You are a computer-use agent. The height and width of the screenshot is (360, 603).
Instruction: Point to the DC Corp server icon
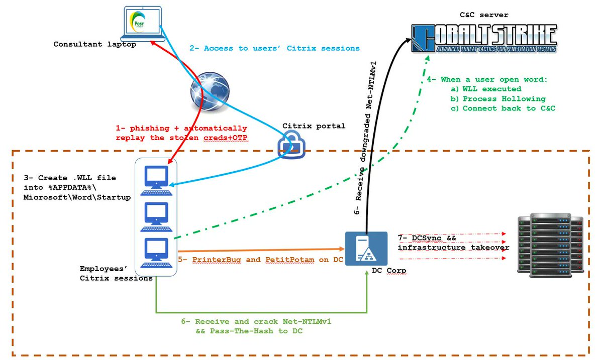tap(366, 248)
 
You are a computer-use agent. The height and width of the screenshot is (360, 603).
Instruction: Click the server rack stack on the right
tap(551, 245)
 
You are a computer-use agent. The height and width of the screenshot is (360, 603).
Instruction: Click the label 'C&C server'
tap(484, 15)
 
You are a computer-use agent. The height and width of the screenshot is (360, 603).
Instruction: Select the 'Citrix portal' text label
tap(314, 126)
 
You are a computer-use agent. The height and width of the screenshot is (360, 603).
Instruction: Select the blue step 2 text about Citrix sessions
tap(274, 48)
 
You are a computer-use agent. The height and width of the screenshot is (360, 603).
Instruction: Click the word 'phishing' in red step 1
tap(148, 128)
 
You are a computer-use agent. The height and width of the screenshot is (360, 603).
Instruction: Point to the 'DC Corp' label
tap(386, 271)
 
